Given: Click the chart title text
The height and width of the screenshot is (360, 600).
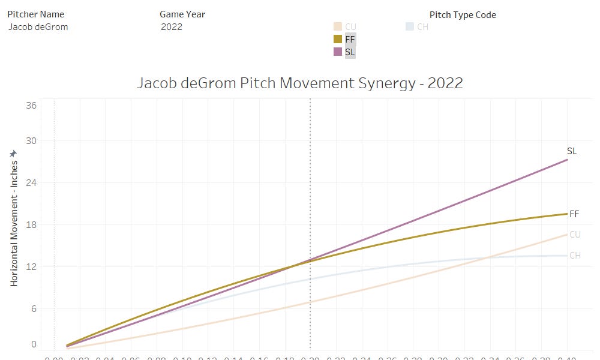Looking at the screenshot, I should (300, 83).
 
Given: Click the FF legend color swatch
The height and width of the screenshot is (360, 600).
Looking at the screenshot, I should (338, 39).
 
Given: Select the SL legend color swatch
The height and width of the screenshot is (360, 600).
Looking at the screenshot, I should (338, 52).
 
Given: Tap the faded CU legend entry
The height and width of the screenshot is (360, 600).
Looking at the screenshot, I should (344, 26).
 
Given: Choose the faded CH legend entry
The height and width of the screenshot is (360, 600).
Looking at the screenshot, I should (417, 26).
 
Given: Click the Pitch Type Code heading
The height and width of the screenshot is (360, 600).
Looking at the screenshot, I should (463, 14).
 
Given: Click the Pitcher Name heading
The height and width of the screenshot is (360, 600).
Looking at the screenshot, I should (36, 14).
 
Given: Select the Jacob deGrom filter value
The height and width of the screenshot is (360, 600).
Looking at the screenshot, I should (38, 26).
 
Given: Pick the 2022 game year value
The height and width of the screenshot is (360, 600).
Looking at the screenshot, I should (172, 26).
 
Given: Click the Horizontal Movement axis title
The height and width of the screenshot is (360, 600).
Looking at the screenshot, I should (14, 222).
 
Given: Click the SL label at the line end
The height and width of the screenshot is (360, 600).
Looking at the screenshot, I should (572, 151).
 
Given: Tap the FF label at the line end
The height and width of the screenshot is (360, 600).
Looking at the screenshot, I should (574, 214).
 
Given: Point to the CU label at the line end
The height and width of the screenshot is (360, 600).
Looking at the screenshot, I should (575, 235).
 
